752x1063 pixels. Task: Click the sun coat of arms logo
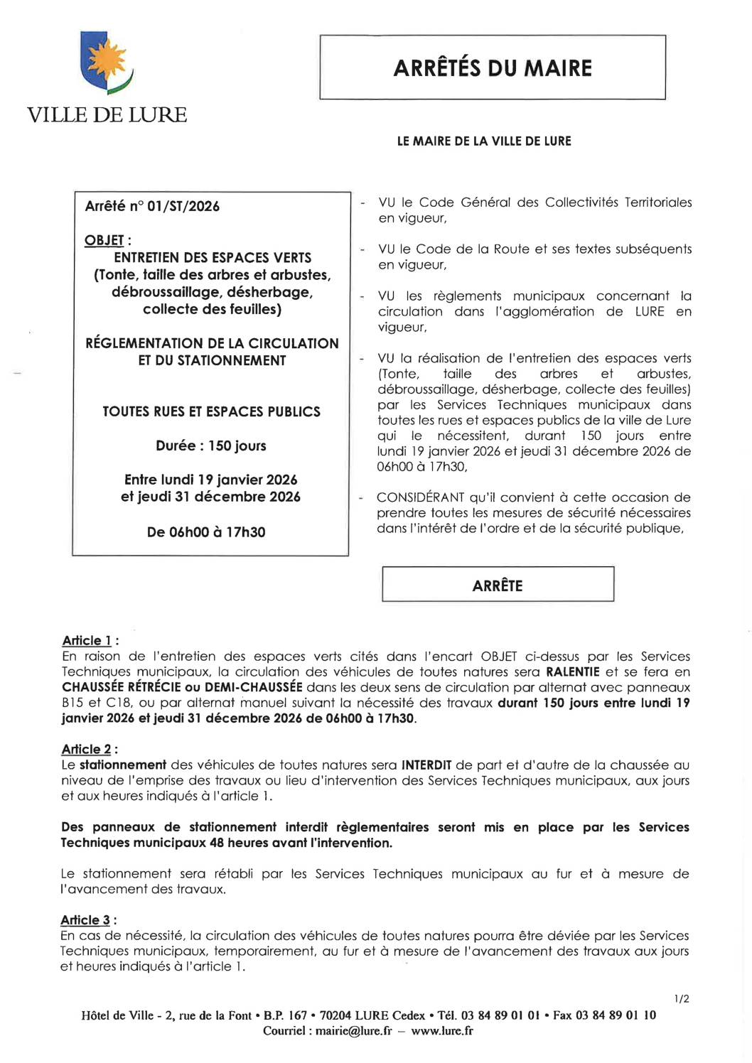107,62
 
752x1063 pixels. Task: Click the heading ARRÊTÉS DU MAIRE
493,68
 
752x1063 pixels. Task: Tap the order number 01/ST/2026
183,206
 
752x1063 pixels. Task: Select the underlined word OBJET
104,241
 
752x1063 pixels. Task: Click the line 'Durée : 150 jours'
211,446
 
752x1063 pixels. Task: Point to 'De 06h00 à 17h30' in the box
206,531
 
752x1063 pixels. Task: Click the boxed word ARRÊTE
498,586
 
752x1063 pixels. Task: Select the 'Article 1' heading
87,640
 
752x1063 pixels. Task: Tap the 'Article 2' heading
87,749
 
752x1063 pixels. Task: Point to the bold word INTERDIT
426,765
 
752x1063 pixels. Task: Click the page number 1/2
681,998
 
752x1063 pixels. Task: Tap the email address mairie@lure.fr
354,1030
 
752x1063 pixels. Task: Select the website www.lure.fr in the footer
442,1030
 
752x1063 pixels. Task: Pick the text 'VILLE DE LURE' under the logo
107,114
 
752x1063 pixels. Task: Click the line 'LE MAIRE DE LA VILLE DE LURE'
484,141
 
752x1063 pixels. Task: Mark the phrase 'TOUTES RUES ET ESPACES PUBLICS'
211,411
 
